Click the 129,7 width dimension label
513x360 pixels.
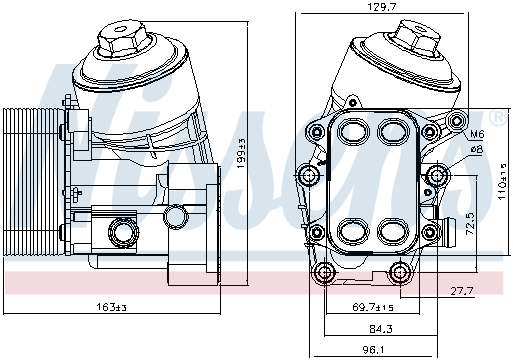[382, 7]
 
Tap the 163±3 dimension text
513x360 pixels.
[111, 307]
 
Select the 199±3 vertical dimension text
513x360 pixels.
[241, 153]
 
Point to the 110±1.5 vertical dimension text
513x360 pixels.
[502, 182]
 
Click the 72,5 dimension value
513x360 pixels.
[470, 224]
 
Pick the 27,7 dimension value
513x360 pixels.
[462, 291]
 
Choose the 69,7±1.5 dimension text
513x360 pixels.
[373, 307]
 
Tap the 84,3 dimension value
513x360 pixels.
[381, 329]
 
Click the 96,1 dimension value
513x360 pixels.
[373, 350]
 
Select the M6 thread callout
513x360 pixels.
[477, 134]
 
